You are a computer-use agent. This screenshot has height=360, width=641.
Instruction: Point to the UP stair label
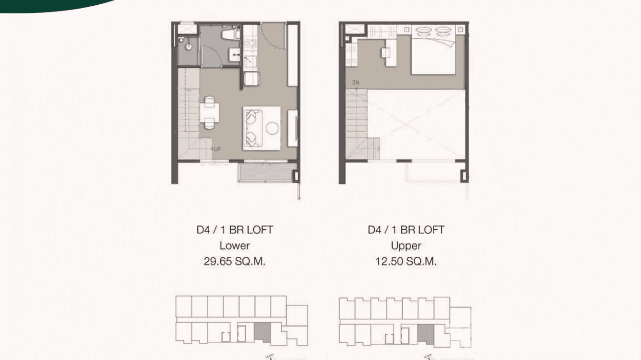click(216, 149)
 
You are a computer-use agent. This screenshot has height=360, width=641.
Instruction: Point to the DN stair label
click(355, 83)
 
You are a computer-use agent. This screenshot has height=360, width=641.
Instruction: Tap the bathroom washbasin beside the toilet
click(235, 55)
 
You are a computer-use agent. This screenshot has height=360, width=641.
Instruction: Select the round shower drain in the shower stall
click(189, 47)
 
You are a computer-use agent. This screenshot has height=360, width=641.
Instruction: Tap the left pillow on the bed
click(423, 32)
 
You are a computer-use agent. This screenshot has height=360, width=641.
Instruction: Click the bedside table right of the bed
click(459, 29)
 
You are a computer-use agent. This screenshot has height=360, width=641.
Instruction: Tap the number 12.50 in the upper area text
click(388, 262)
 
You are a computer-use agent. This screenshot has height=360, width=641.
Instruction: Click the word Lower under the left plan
click(235, 246)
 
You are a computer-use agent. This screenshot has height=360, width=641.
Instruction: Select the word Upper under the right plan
click(406, 246)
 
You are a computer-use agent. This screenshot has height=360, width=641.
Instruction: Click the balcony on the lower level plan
click(265, 172)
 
